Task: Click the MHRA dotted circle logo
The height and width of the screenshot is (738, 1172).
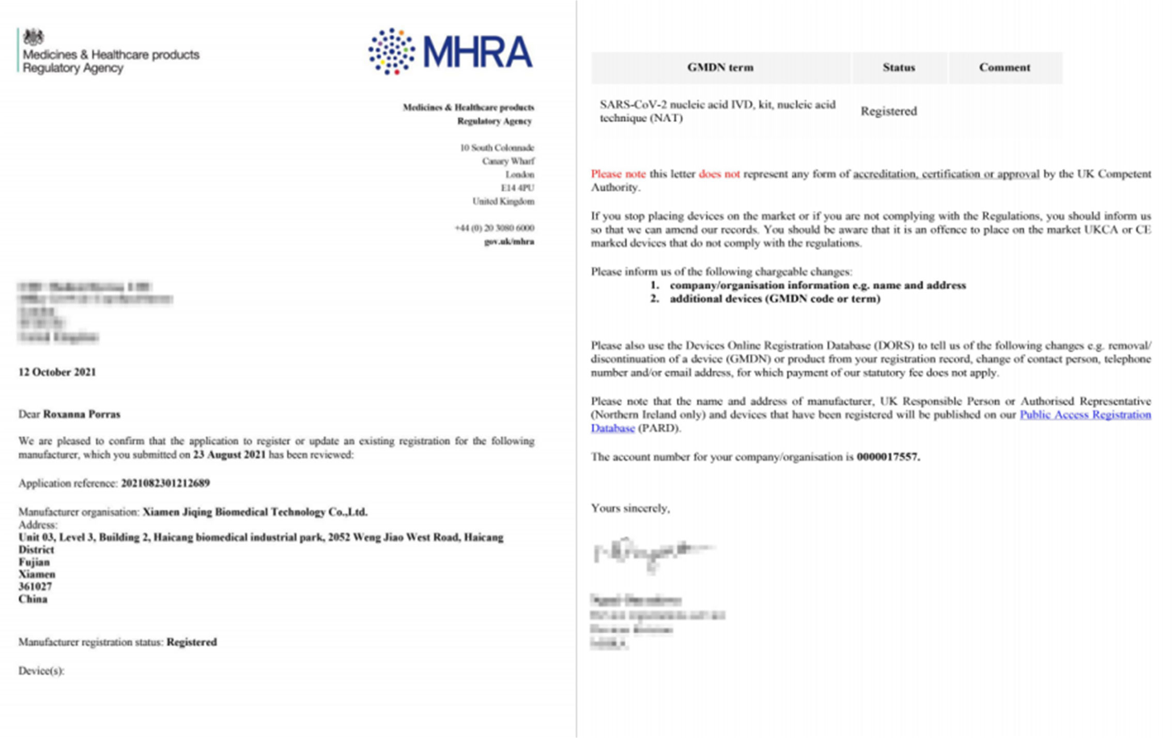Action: [x=391, y=51]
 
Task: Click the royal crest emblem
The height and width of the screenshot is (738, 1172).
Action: [x=34, y=37]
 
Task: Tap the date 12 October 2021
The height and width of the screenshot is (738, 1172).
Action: [x=57, y=372]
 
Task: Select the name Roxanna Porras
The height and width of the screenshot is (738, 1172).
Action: [x=82, y=414]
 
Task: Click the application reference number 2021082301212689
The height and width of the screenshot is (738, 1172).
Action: [x=165, y=483]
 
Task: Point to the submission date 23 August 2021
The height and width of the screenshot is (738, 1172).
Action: [x=229, y=455]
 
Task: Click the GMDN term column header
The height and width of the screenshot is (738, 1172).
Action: [x=720, y=67]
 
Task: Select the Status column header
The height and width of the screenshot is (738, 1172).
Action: [x=899, y=67]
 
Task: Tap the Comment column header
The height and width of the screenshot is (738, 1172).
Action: [x=1005, y=67]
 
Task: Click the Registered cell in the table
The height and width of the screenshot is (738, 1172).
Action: [x=889, y=111]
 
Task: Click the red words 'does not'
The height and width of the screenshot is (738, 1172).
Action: [x=719, y=174]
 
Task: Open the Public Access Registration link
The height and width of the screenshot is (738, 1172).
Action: [x=1085, y=414]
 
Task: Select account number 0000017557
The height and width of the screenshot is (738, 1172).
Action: [x=888, y=457]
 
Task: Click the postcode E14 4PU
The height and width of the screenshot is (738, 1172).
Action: [x=517, y=188]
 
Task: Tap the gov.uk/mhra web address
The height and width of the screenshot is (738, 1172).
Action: [x=509, y=241]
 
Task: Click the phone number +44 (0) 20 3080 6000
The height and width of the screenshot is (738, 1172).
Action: [x=495, y=228]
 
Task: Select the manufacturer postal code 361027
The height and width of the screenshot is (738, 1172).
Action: [x=35, y=587]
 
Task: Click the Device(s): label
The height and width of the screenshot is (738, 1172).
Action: [x=41, y=671]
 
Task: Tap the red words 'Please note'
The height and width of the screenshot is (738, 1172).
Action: [x=618, y=174]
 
